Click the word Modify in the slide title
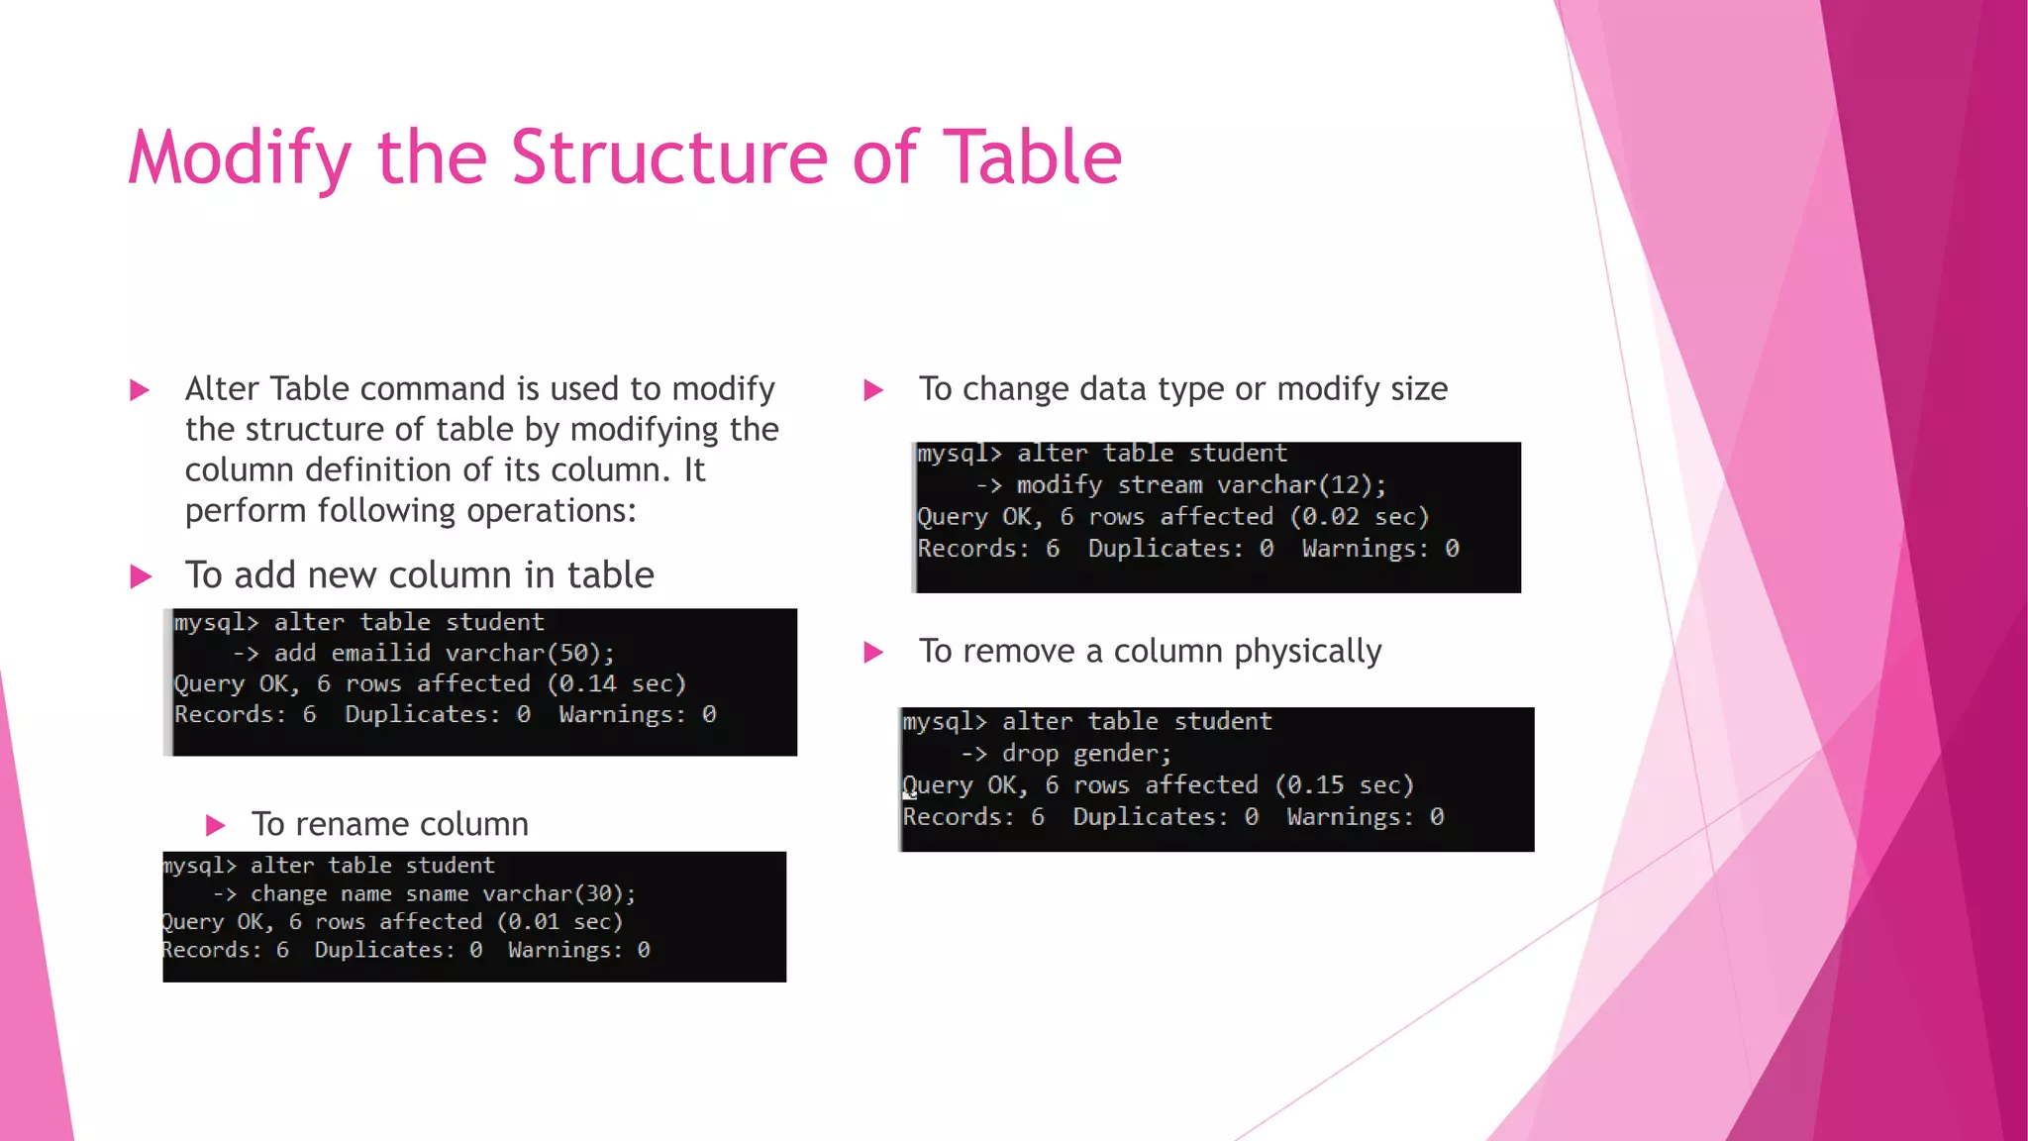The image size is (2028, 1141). [240, 158]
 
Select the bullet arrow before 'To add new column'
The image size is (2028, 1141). [141, 576]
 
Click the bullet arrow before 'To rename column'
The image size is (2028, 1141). [215, 825]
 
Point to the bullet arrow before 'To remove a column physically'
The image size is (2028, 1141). [873, 653]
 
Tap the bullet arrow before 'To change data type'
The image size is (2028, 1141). [873, 390]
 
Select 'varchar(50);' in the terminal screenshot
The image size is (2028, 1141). [530, 654]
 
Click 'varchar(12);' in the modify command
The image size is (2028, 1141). [1301, 485]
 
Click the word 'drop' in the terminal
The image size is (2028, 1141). [1030, 754]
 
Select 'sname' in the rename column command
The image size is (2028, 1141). [437, 894]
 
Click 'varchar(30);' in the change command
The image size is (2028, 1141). [558, 894]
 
